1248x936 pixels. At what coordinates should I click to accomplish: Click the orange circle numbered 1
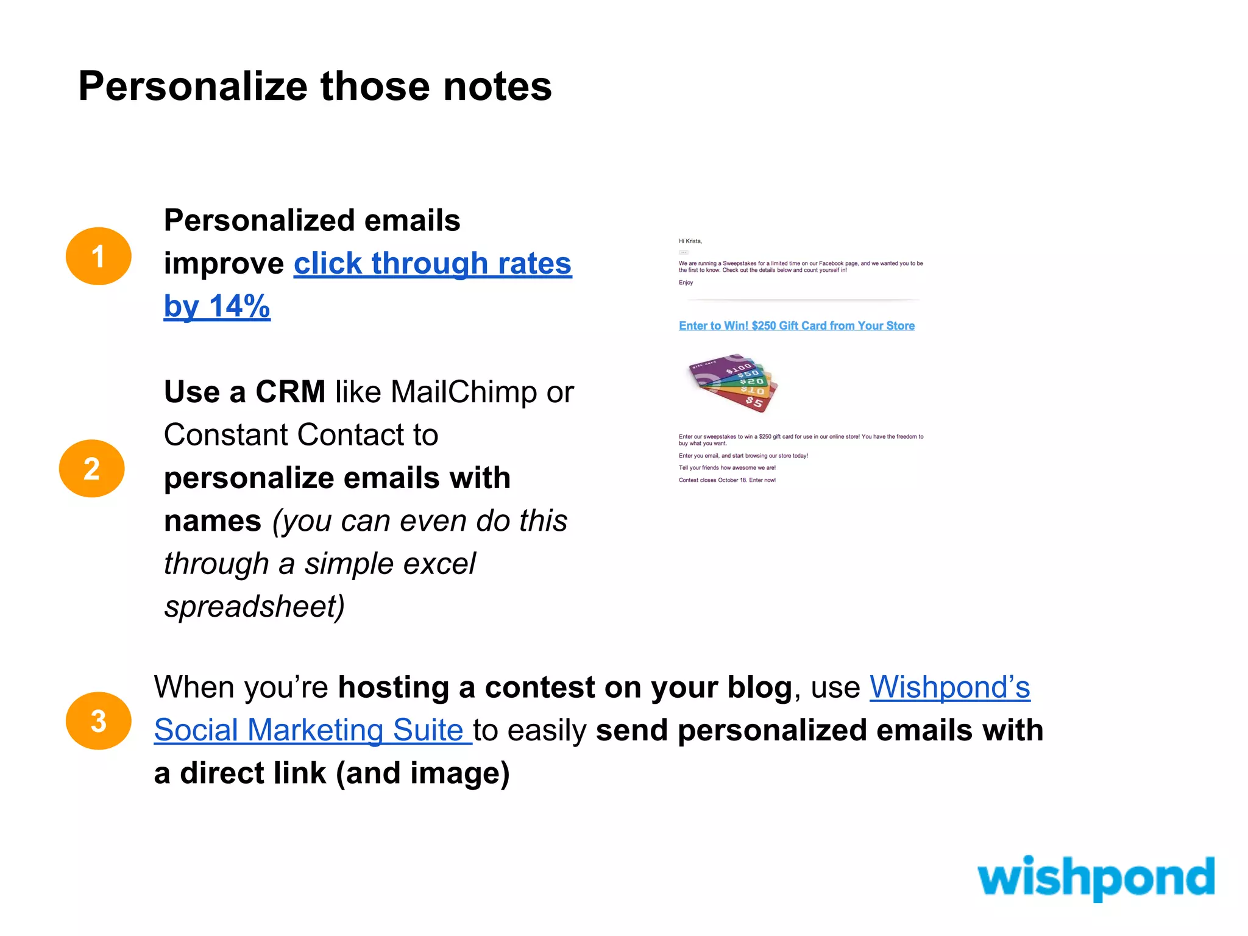point(98,256)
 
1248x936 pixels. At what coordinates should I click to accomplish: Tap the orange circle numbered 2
point(91,468)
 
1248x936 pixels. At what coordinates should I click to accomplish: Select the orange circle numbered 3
point(98,720)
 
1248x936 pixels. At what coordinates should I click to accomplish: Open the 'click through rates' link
point(432,263)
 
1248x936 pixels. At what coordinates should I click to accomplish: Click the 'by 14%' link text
point(216,306)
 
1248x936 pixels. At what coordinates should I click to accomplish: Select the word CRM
point(290,392)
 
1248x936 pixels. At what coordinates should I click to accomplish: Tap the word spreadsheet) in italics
point(254,606)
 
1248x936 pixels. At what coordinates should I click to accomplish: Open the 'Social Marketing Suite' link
point(309,730)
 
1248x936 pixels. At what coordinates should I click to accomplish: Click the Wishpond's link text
point(949,687)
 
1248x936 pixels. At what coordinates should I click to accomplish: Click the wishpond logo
point(1095,877)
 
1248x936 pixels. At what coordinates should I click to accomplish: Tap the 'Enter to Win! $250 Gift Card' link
point(796,326)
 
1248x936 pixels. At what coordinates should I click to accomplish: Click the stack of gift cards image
point(733,383)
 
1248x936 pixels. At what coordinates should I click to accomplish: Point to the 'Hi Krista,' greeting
point(690,241)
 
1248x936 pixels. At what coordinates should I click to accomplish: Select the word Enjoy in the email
point(686,283)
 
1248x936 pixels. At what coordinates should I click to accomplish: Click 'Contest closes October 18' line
point(727,480)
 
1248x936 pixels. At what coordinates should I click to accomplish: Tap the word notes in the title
point(497,87)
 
